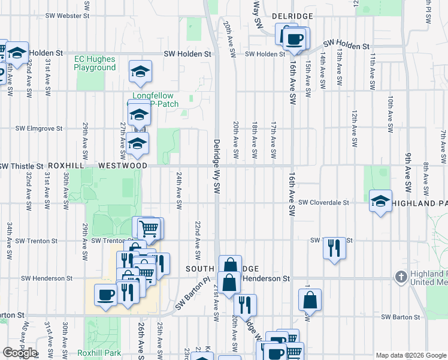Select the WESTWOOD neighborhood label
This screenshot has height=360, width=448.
[x=122, y=165]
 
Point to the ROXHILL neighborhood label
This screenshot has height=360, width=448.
[x=68, y=165]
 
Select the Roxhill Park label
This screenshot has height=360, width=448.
[x=99, y=353]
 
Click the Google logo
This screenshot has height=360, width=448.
[x=20, y=353]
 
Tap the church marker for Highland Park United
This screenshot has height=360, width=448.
[x=401, y=277]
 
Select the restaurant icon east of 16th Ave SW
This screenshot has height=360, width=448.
[x=334, y=247]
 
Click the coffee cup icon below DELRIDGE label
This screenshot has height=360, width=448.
[x=293, y=39]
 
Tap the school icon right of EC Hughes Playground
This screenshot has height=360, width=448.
[x=141, y=73]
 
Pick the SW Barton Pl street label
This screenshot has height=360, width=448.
[x=193, y=293]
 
